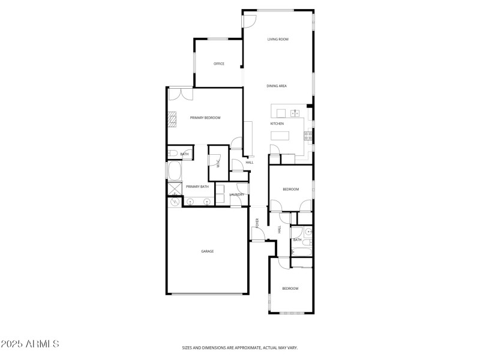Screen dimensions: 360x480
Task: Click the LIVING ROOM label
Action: tap(278, 39)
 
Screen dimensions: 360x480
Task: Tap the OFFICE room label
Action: tap(219, 64)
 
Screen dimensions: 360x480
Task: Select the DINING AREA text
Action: tap(277, 86)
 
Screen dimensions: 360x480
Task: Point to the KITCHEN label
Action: tap(277, 124)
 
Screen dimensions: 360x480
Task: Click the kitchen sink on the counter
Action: tap(295, 113)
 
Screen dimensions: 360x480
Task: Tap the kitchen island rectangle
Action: tap(280, 136)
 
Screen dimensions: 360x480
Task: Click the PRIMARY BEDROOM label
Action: tap(205, 118)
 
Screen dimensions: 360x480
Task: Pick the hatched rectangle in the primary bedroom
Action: tap(172, 121)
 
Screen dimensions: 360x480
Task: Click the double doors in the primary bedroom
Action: tap(180, 94)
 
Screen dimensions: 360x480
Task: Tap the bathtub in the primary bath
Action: tap(175, 171)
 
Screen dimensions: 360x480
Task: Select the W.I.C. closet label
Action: tap(217, 163)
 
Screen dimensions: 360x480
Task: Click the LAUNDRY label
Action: tap(236, 194)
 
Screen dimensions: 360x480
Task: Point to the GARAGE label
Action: tap(207, 251)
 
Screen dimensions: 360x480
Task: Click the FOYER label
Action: tap(258, 223)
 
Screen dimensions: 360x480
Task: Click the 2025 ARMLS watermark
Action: tap(30, 344)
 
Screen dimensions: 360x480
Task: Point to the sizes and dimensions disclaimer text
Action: tap(240, 347)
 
